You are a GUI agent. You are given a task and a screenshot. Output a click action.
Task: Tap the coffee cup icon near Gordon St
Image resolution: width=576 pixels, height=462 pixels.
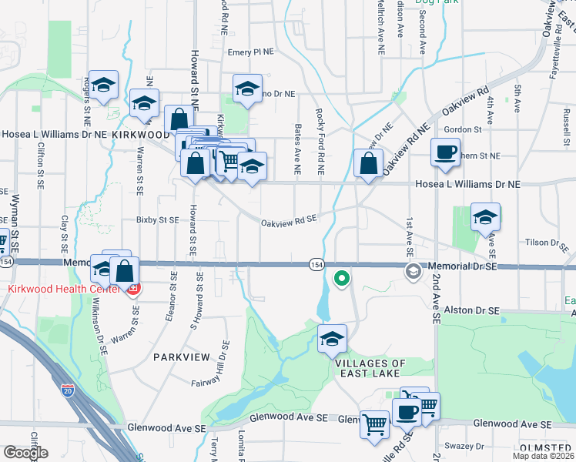tap(444, 152)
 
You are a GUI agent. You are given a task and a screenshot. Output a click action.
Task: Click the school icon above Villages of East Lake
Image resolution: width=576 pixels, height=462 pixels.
tap(332, 339)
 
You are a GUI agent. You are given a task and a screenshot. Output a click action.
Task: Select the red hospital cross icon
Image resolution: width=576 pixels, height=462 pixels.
tap(132, 290)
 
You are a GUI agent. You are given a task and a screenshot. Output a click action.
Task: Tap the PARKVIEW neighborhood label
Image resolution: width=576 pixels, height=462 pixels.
tap(176, 357)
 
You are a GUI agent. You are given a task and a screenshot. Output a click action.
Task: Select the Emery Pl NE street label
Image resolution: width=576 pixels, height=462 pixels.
tap(251, 52)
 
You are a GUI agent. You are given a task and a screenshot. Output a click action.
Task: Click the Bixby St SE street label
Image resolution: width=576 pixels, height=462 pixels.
tap(157, 219)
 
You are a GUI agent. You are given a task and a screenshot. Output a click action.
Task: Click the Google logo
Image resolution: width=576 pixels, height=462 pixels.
tap(25, 452)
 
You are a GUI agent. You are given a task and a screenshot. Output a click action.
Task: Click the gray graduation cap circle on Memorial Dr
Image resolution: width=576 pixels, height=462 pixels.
tap(414, 270)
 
